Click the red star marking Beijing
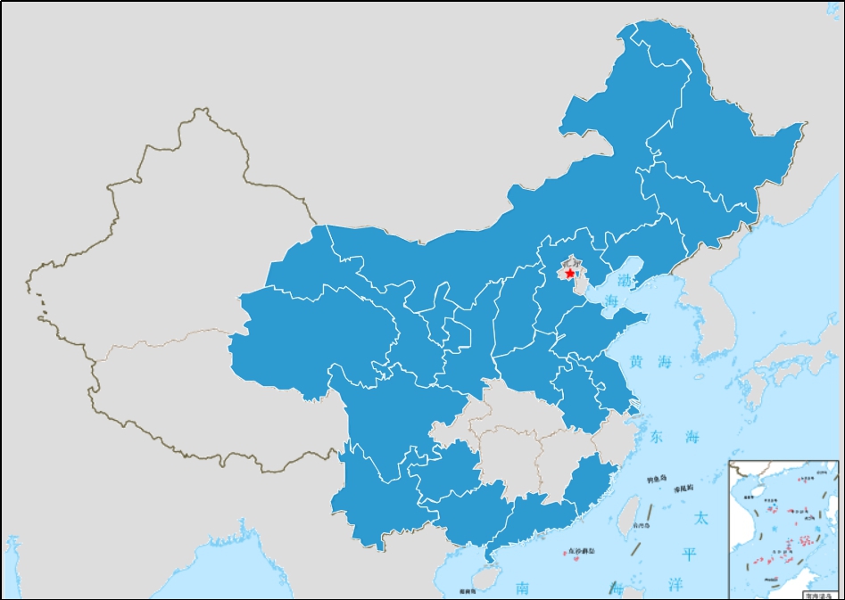click(570, 273)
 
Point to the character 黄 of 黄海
click(637, 362)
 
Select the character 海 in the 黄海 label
click(666, 362)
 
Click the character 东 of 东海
click(657, 437)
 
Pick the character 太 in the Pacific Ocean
click(702, 516)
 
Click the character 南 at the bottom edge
click(523, 588)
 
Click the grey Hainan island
click(485, 579)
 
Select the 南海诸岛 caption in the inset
click(816, 595)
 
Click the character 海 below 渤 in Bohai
click(612, 301)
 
